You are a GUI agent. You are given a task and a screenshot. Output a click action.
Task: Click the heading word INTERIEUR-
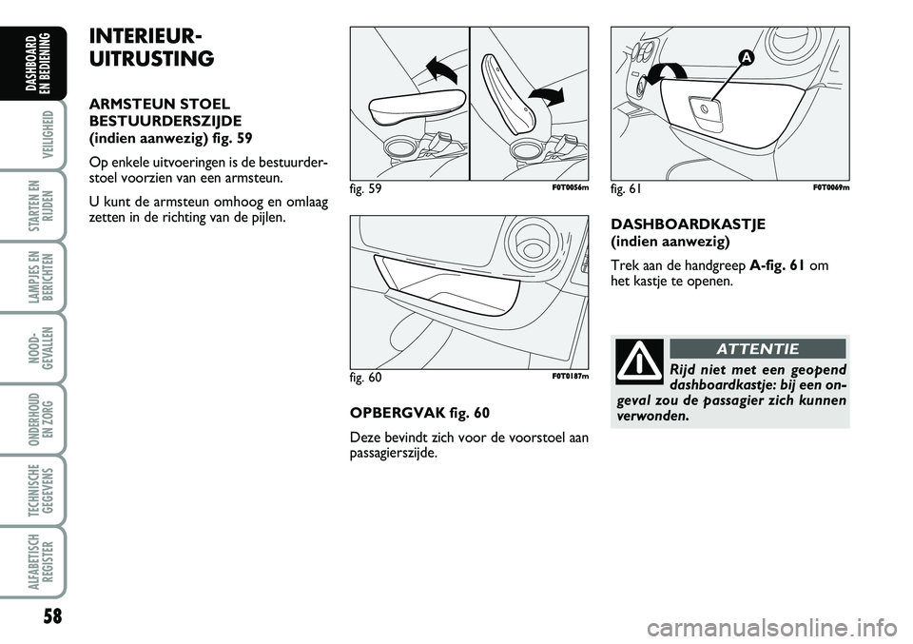(146, 37)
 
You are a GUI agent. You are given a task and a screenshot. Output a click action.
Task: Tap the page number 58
(52, 616)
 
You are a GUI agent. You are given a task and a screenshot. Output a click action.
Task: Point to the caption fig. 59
(365, 188)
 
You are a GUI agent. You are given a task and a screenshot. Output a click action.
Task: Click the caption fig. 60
(365, 378)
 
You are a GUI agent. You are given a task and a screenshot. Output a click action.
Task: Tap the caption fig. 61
(627, 188)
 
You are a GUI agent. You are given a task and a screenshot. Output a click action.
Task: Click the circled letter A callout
(746, 57)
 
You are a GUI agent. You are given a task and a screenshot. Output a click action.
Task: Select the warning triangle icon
(639, 361)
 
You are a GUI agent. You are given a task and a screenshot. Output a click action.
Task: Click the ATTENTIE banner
(758, 349)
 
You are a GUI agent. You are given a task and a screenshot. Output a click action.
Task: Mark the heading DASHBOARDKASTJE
(689, 224)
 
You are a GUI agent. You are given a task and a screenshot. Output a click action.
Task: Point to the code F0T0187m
(570, 376)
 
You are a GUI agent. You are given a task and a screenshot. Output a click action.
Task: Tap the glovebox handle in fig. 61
(706, 109)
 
